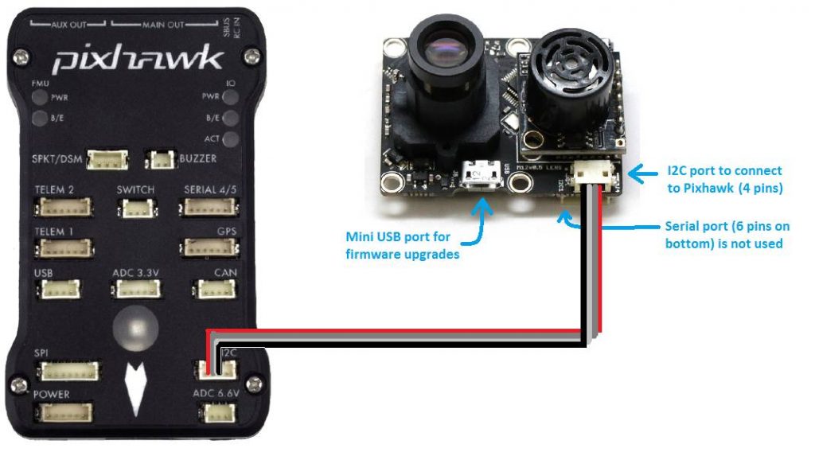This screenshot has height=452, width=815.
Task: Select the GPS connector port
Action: point(209,247)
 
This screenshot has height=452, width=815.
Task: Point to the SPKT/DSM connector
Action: point(107,160)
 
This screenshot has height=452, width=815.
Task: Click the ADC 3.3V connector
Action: point(138,289)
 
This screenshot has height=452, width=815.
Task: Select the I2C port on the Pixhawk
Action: point(216,370)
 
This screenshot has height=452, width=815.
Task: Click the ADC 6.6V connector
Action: point(215,412)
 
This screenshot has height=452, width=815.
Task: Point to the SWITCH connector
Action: point(135,208)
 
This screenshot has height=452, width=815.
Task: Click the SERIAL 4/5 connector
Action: point(209,208)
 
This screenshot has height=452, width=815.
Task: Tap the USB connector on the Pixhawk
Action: point(57,289)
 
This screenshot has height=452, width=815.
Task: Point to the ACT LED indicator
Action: point(232,138)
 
